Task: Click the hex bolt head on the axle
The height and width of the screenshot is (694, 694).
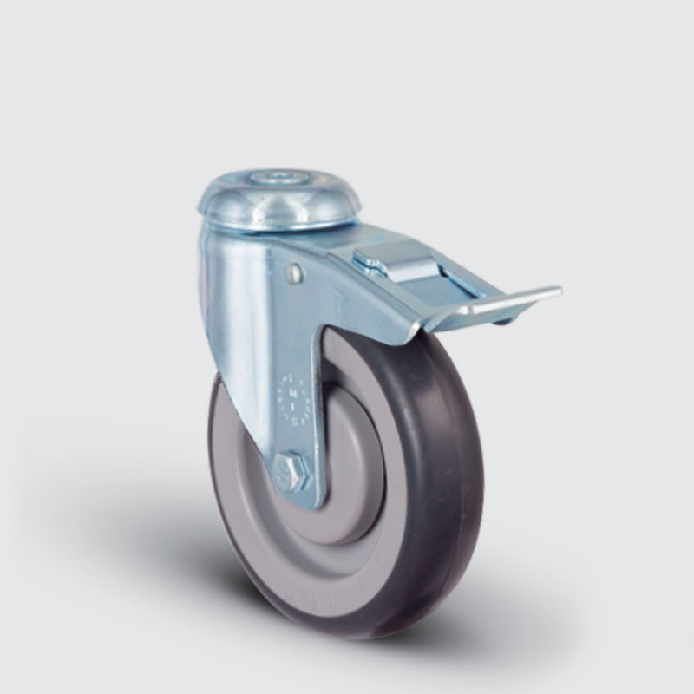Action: (289, 473)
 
